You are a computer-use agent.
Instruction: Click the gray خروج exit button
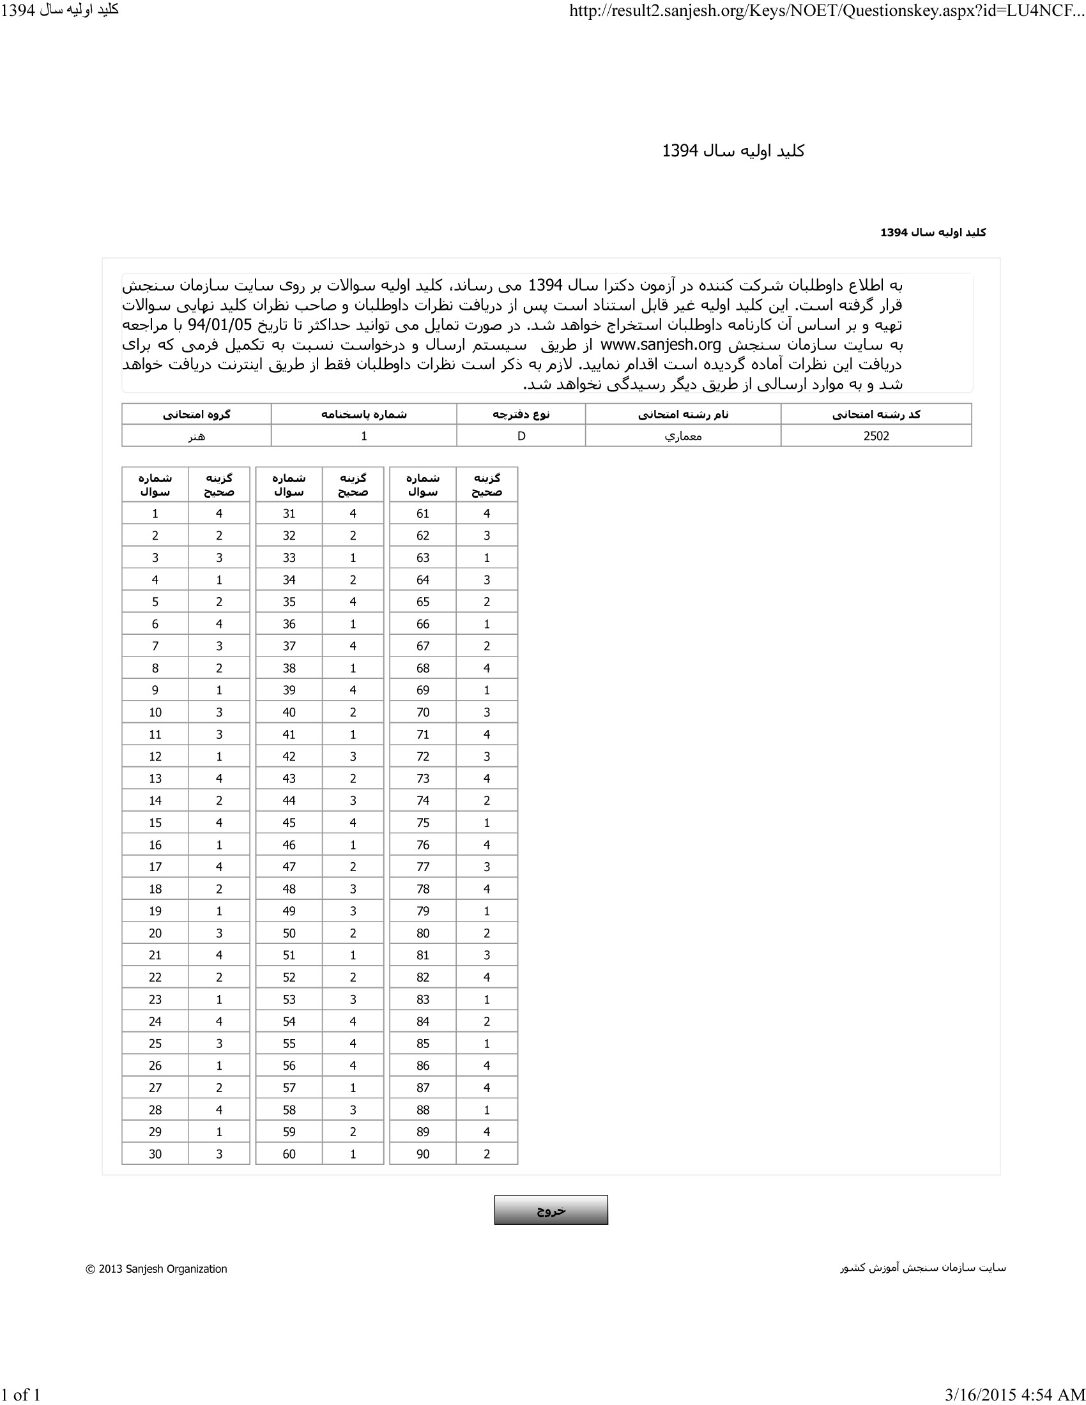click(x=551, y=1210)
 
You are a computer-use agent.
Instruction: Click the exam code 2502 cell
click(x=876, y=436)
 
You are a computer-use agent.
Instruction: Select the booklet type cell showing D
click(x=521, y=436)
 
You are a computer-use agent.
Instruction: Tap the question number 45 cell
click(x=289, y=823)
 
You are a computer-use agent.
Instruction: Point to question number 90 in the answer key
click(x=423, y=1154)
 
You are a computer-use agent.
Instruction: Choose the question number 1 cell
click(x=155, y=513)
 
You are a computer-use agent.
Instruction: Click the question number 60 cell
click(x=289, y=1154)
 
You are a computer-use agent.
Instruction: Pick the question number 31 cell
click(x=289, y=513)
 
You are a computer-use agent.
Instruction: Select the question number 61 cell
click(x=423, y=513)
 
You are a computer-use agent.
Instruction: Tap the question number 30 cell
click(x=155, y=1154)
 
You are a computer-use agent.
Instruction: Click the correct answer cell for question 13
click(x=218, y=778)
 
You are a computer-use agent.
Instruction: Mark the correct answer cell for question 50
click(x=353, y=933)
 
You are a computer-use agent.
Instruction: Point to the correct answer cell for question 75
click(x=486, y=823)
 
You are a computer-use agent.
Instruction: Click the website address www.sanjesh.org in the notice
click(x=660, y=345)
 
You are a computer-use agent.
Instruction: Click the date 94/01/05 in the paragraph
click(x=219, y=325)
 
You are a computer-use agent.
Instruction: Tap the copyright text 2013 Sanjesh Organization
click(x=157, y=1268)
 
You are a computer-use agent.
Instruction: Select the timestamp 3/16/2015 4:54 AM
click(x=1014, y=1394)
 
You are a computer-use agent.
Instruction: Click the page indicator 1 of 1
click(x=20, y=1394)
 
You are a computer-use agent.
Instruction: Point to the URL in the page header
click(x=827, y=11)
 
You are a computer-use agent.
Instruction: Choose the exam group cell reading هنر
click(x=196, y=436)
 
